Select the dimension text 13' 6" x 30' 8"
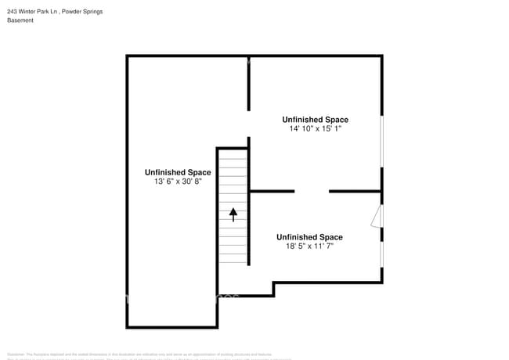178,182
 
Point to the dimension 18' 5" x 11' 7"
309,246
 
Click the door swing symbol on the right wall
377,216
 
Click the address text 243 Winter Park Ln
32,12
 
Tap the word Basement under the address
20,20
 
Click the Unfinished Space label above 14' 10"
316,120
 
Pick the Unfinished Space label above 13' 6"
178,172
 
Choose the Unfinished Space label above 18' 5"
309,237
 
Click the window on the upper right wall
381,142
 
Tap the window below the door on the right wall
381,254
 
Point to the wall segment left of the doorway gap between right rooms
272,191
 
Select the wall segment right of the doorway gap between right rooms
355,191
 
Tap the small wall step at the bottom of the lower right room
273,289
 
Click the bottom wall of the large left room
171,327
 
